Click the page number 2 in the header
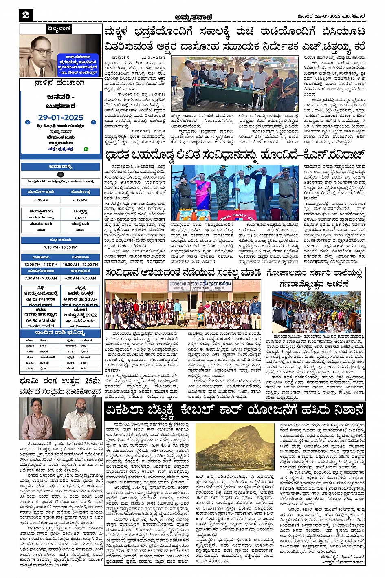pyautogui.click(x=26, y=15)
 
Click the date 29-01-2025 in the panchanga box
pyautogui.click(x=61, y=117)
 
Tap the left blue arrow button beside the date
pyautogui.click(x=28, y=122)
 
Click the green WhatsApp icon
pyautogui.click(x=86, y=149)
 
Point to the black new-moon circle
pyautogui.click(x=61, y=174)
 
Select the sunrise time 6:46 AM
pyautogui.click(x=42, y=200)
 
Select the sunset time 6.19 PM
pyautogui.click(x=80, y=200)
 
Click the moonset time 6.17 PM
pyautogui.click(x=80, y=218)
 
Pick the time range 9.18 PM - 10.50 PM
pyautogui.click(x=61, y=247)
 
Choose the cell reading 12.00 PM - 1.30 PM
pyautogui.click(x=41, y=265)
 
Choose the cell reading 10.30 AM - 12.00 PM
pyautogui.click(x=81, y=265)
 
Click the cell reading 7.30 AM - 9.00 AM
pyautogui.click(x=41, y=278)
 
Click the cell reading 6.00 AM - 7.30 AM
pyautogui.click(x=81, y=278)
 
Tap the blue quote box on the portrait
pyautogui.click(x=77, y=64)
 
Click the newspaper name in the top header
pyautogui.click(x=192, y=17)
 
